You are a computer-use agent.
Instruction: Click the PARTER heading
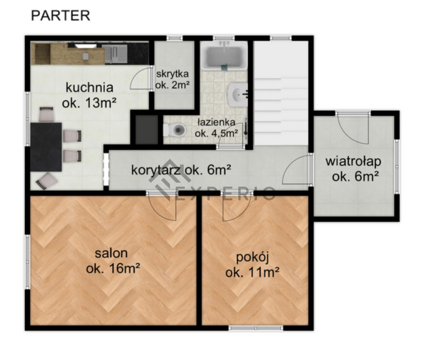click(60, 16)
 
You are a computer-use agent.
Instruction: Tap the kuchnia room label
click(89, 95)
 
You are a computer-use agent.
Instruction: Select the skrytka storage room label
click(172, 79)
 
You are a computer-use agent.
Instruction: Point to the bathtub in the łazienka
click(224, 56)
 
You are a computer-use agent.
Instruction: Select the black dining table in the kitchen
click(46, 147)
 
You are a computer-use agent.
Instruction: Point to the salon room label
click(113, 261)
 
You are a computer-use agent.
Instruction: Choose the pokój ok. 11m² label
click(252, 265)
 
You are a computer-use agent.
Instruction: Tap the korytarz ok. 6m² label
click(181, 170)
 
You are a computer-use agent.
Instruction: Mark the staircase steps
click(281, 108)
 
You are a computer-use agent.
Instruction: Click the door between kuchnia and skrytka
click(141, 78)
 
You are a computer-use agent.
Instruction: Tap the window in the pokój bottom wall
click(256, 328)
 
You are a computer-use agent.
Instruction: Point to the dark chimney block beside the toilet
click(146, 130)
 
